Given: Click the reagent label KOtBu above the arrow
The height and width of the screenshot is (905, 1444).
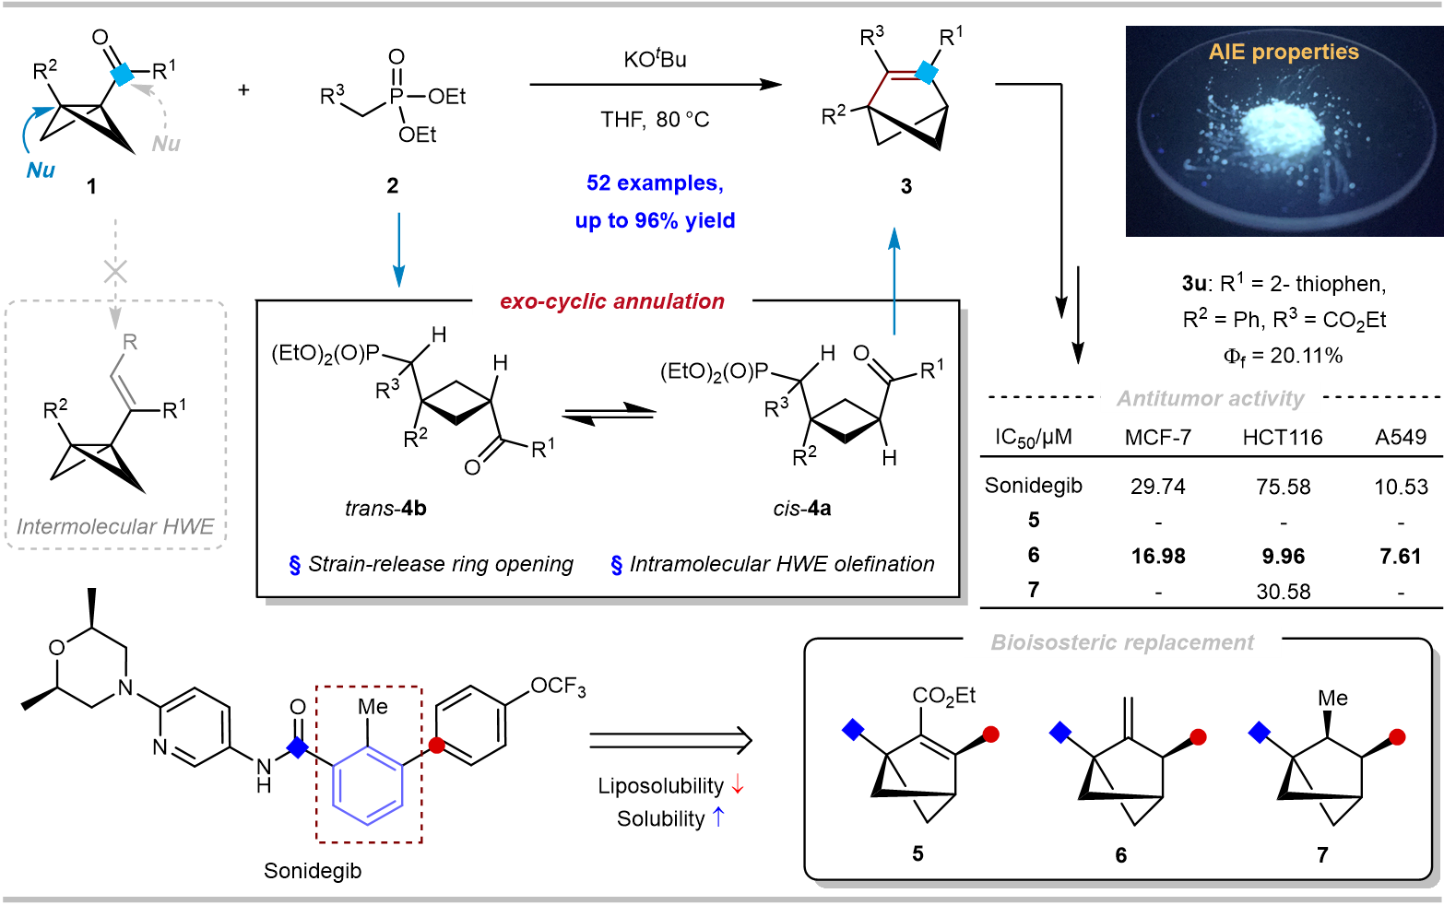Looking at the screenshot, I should point(655,60).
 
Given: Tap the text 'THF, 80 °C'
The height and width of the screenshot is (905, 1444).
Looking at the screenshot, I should point(655,120).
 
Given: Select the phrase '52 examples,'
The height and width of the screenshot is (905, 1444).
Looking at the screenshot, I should point(655,183).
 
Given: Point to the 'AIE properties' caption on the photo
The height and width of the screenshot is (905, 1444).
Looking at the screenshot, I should point(1284,53).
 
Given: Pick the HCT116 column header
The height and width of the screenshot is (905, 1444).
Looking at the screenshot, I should point(1282,438).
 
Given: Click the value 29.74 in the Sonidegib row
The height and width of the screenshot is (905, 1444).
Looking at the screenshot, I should point(1157,487).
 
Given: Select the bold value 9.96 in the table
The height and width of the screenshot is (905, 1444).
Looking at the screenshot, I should point(1283,557).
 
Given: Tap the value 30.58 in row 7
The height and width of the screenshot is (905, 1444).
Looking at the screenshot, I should point(1283,592).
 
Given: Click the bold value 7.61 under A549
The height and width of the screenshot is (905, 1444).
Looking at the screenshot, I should point(1400,557).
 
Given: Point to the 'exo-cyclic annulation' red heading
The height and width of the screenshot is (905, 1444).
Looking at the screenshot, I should point(612,301).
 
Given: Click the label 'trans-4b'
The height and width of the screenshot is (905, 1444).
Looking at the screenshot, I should point(385,509).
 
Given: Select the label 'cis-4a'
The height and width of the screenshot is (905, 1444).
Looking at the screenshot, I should point(801,509).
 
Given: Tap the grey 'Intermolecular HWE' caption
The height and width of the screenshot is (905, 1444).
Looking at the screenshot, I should point(115,527).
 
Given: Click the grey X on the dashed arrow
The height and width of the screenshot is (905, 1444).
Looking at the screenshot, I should point(115,272).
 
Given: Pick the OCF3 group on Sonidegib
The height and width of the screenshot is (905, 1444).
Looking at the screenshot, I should point(558,687).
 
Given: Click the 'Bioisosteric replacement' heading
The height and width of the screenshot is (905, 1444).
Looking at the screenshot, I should point(1122,643).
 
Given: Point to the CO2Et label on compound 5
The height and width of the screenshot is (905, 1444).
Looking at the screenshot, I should point(943,696).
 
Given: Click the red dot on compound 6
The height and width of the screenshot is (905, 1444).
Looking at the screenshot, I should point(1198,737).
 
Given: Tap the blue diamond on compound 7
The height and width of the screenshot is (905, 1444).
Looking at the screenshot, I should point(1259,733).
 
